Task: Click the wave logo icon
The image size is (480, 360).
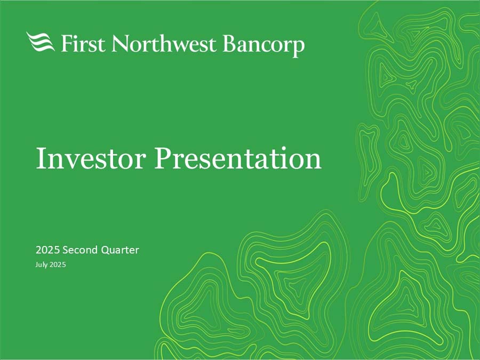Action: click(x=41, y=42)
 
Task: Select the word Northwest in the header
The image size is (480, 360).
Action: click(x=164, y=43)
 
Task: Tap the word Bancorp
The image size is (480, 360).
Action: click(x=263, y=45)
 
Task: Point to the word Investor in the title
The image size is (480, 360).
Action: click(x=91, y=158)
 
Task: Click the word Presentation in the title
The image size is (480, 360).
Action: click(x=238, y=158)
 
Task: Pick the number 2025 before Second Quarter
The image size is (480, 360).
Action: click(x=47, y=250)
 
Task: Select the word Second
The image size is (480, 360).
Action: click(x=79, y=250)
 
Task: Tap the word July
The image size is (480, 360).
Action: click(x=41, y=265)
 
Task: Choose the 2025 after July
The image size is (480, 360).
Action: click(x=58, y=265)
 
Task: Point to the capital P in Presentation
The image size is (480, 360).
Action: click(x=162, y=158)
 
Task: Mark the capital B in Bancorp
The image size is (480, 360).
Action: click(x=229, y=43)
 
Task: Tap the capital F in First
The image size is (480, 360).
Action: click(x=67, y=43)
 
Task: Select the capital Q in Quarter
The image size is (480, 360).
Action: click(x=105, y=251)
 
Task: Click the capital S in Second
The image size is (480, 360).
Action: click(x=65, y=250)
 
